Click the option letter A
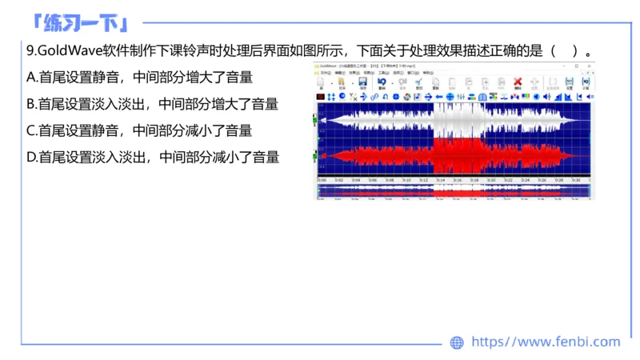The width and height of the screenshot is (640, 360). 31,78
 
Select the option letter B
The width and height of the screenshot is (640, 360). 31,104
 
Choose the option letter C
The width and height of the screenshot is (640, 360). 31,130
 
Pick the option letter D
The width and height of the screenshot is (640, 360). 31,157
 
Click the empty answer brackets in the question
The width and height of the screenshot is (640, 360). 564,51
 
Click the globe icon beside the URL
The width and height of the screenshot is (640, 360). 457,342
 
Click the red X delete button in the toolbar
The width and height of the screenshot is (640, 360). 518,82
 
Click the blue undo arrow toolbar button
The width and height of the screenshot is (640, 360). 382,82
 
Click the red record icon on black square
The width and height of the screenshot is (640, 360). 321,97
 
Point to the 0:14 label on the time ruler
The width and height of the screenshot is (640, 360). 440,180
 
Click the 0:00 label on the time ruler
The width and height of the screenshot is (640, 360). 322,180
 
